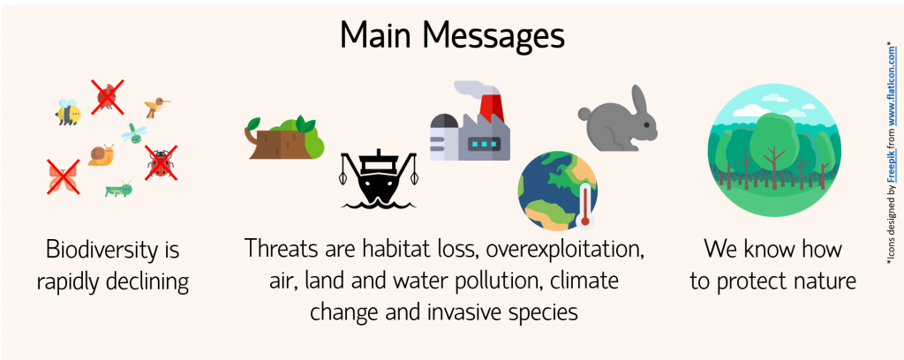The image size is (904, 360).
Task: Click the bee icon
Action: click(68, 112)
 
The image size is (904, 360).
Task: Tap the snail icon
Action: click(101, 155)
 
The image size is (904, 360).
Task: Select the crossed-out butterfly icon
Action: click(64, 176)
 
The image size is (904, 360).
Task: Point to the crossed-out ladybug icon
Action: click(161, 163)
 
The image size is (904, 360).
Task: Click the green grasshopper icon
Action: click(119, 189)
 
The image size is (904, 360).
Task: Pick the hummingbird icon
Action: click(156, 107)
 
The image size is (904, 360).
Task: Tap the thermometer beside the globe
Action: click(586, 203)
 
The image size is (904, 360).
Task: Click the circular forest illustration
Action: click(774, 151)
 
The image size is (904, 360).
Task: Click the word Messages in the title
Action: click(493, 35)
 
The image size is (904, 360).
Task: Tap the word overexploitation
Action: click(564, 249)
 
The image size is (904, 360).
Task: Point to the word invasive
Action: click(468, 312)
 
